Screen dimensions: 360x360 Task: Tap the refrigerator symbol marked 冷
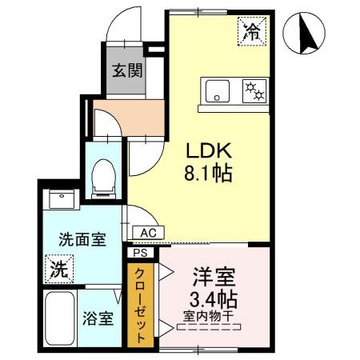(252, 33)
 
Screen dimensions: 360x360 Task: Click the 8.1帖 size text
(210, 173)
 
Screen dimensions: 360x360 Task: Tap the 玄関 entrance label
(127, 70)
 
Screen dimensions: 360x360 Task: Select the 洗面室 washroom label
(82, 239)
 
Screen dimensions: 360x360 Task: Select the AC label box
(146, 233)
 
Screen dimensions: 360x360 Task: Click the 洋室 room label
(214, 278)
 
